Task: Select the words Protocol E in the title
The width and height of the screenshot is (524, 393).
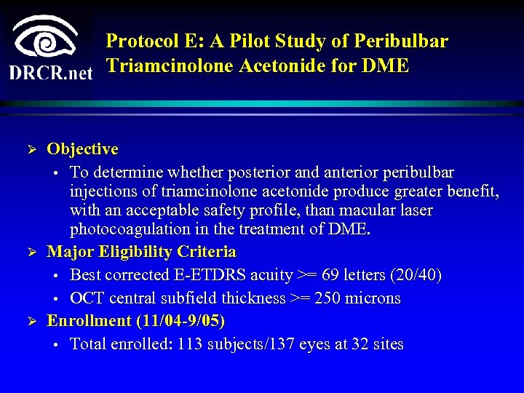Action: pos(143,41)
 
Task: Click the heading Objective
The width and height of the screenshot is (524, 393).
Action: pos(82,149)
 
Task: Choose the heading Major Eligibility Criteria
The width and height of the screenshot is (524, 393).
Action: pos(141,252)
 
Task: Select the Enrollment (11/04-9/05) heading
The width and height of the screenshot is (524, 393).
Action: pos(136,320)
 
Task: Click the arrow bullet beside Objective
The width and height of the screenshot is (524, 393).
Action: pos(31,150)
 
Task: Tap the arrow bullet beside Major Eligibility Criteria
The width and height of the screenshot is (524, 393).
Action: pos(31,253)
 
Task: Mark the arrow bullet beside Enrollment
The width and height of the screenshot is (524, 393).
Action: pos(31,321)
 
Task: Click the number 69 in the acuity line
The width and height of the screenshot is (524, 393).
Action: pos(329,276)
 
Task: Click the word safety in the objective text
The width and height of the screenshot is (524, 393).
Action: pos(254,211)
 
